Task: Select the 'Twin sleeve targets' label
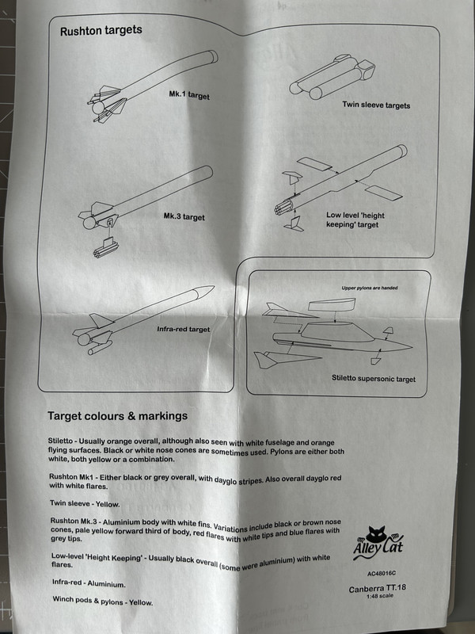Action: [376, 105]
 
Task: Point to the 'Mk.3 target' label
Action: [184, 216]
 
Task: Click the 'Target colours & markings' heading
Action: [117, 415]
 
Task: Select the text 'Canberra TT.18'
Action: [383, 589]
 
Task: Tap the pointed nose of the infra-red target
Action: [207, 289]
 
